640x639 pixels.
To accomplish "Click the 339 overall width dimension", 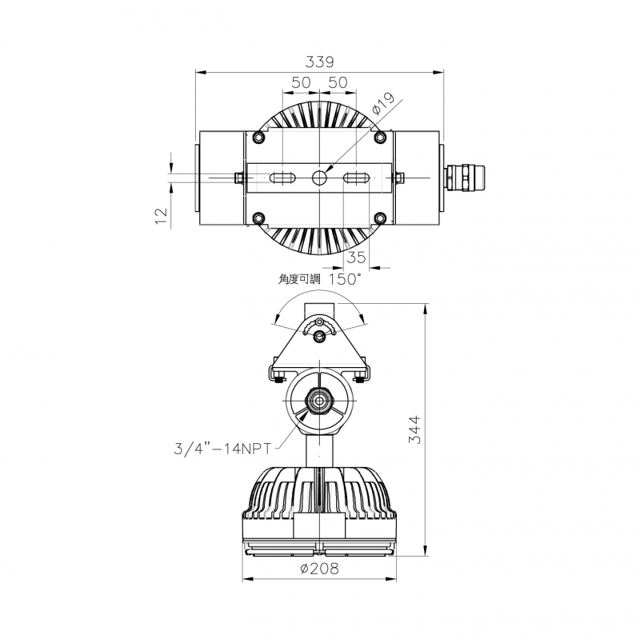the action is click(x=319, y=62).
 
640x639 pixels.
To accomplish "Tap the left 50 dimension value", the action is click(x=302, y=82).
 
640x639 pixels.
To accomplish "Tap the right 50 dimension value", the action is click(x=338, y=82).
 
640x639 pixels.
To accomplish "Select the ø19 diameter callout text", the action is click(x=383, y=104).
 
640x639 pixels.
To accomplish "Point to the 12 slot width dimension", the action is click(x=162, y=215).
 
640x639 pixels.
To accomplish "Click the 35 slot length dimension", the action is click(x=356, y=258).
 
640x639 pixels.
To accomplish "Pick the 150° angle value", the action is click(x=345, y=279).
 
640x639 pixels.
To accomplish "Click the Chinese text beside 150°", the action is click(x=299, y=279).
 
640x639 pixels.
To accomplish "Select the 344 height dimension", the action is click(x=414, y=429).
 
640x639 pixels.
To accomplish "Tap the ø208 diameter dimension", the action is click(x=319, y=569).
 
